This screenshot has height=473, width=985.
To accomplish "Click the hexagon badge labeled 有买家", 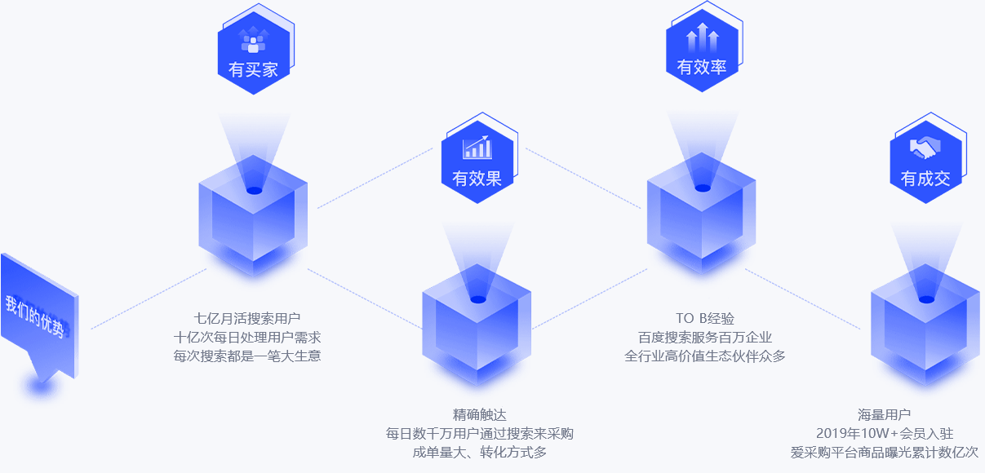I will pyautogui.click(x=254, y=54).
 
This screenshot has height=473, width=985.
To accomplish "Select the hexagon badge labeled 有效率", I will pyautogui.click(x=702, y=51).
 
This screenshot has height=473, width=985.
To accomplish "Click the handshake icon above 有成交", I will pyautogui.click(x=925, y=148).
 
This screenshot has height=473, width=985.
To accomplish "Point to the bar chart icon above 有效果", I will pyautogui.click(x=477, y=147).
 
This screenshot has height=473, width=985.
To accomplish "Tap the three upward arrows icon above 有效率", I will pyautogui.click(x=702, y=38).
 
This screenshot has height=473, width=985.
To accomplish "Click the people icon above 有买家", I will pyautogui.click(x=254, y=39).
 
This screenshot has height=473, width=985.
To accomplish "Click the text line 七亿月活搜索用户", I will pyautogui.click(x=247, y=317).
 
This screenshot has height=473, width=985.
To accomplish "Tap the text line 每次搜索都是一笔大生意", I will pyautogui.click(x=247, y=356).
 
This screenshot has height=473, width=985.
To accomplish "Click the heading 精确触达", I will pyautogui.click(x=480, y=414).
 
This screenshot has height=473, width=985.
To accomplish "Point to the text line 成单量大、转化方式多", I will pyautogui.click(x=480, y=453).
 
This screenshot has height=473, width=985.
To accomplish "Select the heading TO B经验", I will pyautogui.click(x=705, y=317).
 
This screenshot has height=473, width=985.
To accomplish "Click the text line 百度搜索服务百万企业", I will pyautogui.click(x=705, y=337).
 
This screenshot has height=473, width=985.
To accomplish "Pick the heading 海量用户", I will pyautogui.click(x=885, y=414).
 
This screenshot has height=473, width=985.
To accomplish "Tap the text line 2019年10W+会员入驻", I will pyautogui.click(x=885, y=434).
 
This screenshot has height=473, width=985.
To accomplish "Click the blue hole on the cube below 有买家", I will pyautogui.click(x=254, y=191).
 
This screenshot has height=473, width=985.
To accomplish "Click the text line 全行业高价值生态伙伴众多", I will pyautogui.click(x=705, y=356).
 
